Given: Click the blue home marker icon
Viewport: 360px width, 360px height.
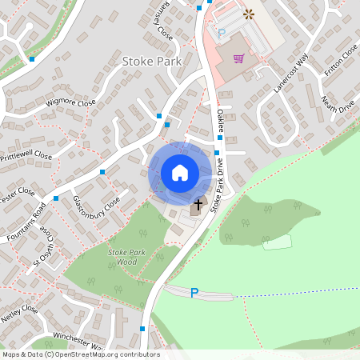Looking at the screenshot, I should pos(180,172).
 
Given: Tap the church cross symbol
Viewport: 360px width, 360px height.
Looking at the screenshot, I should pos(198,206).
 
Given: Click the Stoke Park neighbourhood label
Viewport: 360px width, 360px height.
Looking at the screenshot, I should pos(152,61).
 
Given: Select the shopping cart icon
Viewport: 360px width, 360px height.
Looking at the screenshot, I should pos(238,58).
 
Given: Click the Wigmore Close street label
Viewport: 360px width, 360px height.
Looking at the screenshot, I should pos(70,102).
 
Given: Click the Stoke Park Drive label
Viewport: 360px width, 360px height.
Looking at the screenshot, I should pos(217,186).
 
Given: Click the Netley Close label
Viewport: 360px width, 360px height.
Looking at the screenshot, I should pos(19,315).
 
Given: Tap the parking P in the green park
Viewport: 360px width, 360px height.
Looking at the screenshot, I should pos(194,293).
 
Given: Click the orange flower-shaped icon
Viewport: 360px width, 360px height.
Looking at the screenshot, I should pos(248,14).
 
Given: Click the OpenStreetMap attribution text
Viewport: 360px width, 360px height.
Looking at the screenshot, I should pos(81,354).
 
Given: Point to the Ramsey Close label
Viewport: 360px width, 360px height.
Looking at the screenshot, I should pos(160,25).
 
